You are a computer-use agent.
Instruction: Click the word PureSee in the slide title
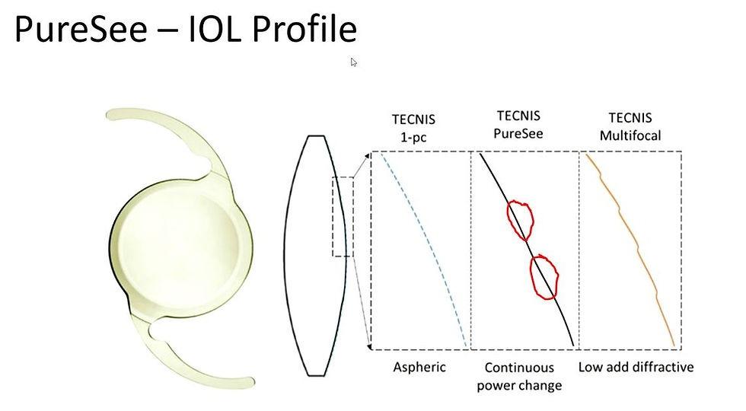(81, 29)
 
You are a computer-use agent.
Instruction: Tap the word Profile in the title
(304, 29)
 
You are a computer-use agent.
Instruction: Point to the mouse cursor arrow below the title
(353, 62)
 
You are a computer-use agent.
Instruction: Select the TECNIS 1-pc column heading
(413, 128)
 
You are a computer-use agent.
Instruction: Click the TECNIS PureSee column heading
(518, 125)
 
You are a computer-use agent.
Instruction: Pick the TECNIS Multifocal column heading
(630, 126)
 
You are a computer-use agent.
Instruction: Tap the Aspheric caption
(419, 367)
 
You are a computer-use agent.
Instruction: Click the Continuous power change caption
(519, 376)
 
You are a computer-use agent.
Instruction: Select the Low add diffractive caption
(636, 367)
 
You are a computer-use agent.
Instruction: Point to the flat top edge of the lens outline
(317, 136)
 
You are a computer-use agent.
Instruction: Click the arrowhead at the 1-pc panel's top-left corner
(368, 155)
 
